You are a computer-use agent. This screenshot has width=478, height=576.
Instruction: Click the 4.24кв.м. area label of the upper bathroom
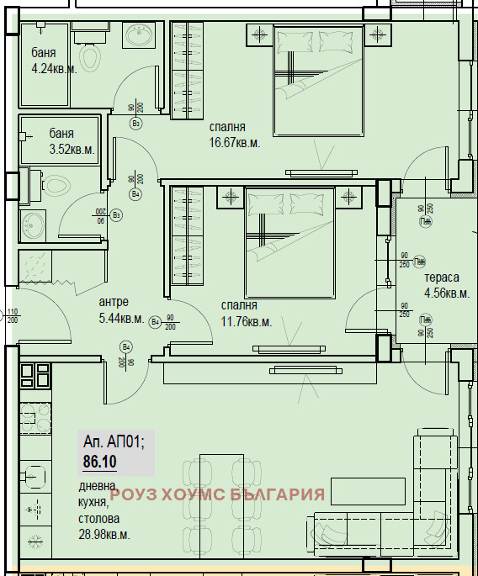tap(54, 69)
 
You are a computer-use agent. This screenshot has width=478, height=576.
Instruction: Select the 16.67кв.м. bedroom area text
tap(235, 143)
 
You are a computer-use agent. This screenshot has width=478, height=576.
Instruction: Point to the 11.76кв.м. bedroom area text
tap(247, 321)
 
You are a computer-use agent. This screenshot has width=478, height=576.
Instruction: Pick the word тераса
tap(442, 277)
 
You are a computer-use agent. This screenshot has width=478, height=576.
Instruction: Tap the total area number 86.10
tap(100, 461)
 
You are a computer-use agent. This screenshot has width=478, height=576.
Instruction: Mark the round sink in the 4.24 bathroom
tap(137, 36)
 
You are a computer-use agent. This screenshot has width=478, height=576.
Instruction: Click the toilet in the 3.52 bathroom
tap(55, 186)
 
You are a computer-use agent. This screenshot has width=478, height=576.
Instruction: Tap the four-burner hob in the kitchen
tap(36, 380)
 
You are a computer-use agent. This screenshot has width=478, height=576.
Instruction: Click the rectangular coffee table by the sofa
tap(358, 490)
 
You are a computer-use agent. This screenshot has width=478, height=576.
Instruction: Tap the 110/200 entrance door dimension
tap(12, 316)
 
